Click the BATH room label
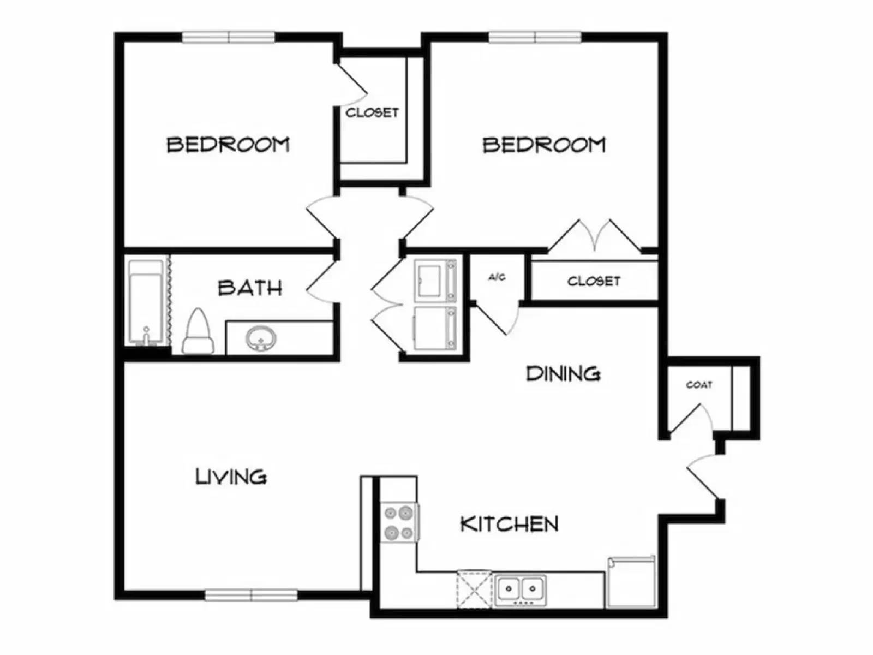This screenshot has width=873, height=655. tap(250, 288)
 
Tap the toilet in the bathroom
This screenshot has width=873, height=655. tap(197, 332)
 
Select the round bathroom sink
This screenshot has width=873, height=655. tap(261, 338)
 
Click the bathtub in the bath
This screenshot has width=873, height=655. tap(146, 303)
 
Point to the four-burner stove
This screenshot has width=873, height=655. tap(399, 522)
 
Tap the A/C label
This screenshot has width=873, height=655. tap(497, 277)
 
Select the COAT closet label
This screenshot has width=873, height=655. tap(699, 385)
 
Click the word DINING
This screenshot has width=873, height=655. tap(563, 374)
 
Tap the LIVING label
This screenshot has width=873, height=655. tap(231, 477)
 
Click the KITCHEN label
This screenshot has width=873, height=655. tap(510, 524)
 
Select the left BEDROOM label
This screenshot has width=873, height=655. tap(228, 145)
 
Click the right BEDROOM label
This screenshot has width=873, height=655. tap(544, 145)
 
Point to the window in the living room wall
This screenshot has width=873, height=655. tap(251, 595)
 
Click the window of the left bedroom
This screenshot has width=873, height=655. tap(228, 37)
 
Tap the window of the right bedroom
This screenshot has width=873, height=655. tap(535, 37)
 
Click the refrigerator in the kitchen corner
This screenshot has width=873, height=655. tap(631, 582)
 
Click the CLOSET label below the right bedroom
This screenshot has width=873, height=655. tap(594, 281)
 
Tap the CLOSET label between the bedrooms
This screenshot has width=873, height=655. tap(372, 112)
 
